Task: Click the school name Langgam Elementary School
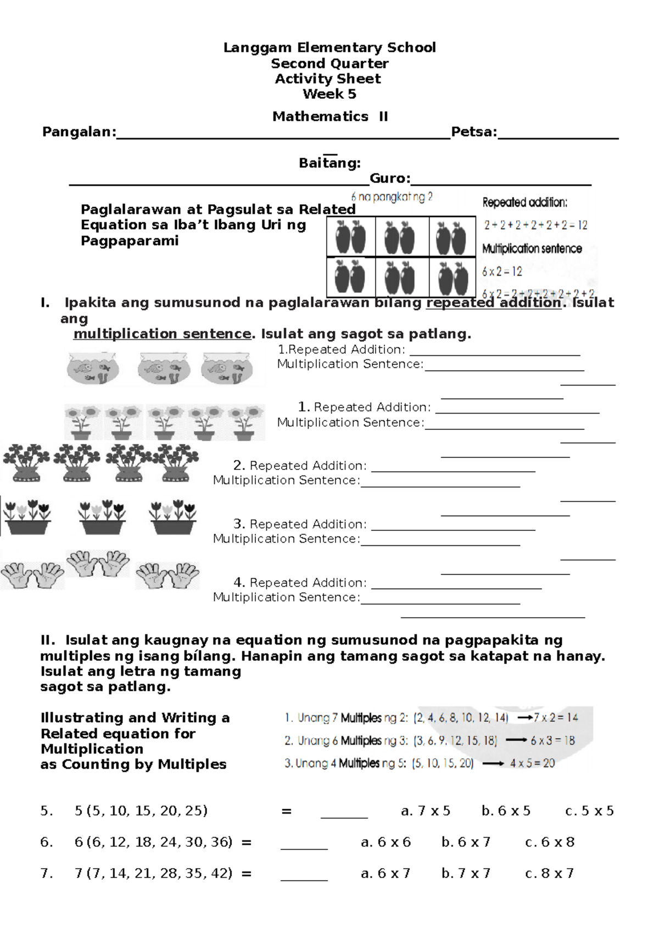(x=329, y=48)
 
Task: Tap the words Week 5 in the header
(x=329, y=94)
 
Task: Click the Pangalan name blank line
(x=283, y=137)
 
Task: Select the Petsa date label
(x=473, y=132)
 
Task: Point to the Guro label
(x=390, y=178)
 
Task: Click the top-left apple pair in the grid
(x=350, y=237)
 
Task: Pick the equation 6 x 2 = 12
(x=502, y=271)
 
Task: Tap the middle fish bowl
(x=163, y=368)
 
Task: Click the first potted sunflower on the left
(x=82, y=422)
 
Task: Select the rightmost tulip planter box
(x=173, y=518)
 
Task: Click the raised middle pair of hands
(x=98, y=563)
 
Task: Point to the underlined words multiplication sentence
(x=162, y=334)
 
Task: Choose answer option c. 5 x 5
(x=589, y=811)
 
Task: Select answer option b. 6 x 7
(x=466, y=842)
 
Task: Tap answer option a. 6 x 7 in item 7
(x=386, y=874)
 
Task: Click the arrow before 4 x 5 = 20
(x=493, y=764)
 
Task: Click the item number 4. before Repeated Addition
(x=239, y=582)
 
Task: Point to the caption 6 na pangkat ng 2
(x=391, y=197)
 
